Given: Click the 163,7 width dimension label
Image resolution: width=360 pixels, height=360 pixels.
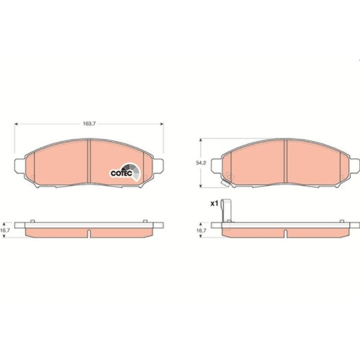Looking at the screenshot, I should click(89, 124).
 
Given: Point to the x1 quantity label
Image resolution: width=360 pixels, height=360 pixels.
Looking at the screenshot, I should click(213, 204).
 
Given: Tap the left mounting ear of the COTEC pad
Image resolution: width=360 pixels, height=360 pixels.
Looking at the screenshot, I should click(18, 166).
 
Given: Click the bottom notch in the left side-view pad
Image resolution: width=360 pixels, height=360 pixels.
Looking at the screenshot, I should click(88, 234).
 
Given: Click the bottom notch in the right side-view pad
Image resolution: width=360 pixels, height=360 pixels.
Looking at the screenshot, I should click(285, 234).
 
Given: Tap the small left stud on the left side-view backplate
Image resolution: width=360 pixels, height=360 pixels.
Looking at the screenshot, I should click(32, 219).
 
